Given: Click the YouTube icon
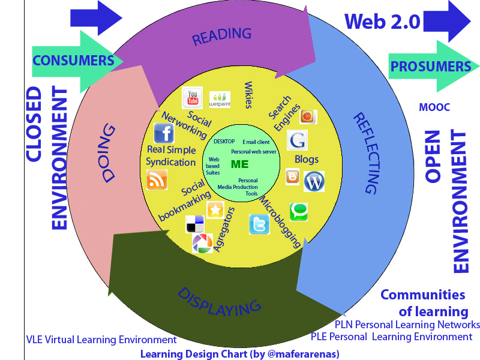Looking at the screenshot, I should (x=193, y=97).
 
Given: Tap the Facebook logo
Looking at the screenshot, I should (x=164, y=133).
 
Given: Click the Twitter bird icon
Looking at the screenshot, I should (x=259, y=224).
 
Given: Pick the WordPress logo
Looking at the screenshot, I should (x=313, y=181).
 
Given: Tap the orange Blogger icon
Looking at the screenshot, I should (x=293, y=177).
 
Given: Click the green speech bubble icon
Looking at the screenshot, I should (x=299, y=211).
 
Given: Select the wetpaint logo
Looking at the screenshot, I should (x=220, y=99).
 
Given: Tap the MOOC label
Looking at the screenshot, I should (x=434, y=107).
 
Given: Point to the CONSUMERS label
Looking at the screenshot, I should (x=73, y=61).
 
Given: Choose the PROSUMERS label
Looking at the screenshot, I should (x=430, y=67).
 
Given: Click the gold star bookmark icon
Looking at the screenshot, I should (x=215, y=209).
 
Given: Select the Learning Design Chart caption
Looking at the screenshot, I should (x=240, y=353).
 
